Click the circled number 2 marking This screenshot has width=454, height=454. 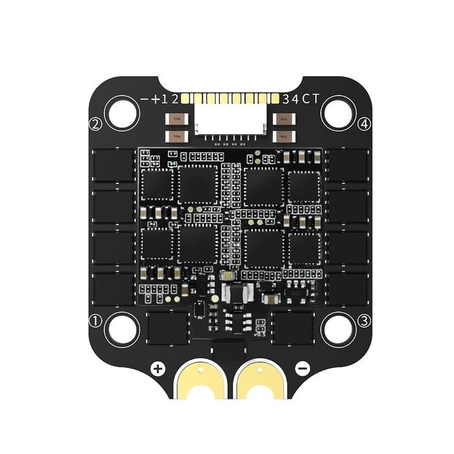(x=95, y=125)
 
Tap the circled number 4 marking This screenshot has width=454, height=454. (x=364, y=125)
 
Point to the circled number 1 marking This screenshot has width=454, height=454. (x=95, y=320)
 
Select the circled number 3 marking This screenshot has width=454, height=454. (x=364, y=320)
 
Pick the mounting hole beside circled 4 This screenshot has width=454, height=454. (x=337, y=112)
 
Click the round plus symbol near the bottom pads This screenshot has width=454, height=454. (x=158, y=369)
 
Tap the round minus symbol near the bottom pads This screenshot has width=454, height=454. (x=302, y=369)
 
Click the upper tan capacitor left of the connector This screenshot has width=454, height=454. (x=176, y=121)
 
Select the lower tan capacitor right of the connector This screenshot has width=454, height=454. (x=283, y=135)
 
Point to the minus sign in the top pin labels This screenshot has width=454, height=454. (x=145, y=99)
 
